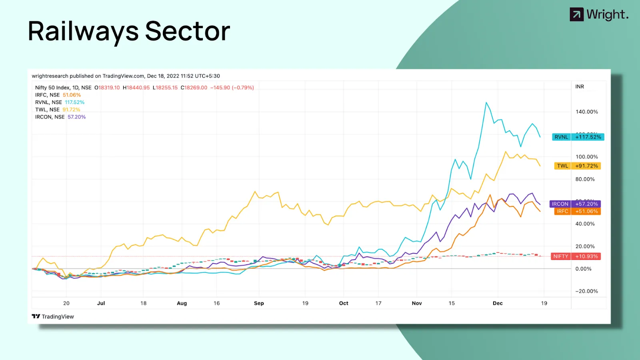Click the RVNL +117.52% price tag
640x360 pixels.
point(578,137)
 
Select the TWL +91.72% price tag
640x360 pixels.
point(577,166)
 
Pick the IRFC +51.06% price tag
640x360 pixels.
point(577,211)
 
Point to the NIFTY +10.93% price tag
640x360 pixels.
point(576,256)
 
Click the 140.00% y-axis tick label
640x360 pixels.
point(586,112)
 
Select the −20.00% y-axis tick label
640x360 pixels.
point(586,291)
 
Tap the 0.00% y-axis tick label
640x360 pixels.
point(583,269)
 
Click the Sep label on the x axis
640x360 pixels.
point(259,303)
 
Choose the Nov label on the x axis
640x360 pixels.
point(417,303)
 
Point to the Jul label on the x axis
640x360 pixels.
point(101,303)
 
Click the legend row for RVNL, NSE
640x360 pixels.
point(60,102)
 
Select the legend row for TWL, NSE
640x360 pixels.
point(58,110)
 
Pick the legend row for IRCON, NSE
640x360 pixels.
point(60,117)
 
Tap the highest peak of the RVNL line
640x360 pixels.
point(486,103)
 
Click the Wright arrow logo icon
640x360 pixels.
point(576,15)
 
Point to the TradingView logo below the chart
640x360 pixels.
point(53,316)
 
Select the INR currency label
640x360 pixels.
point(580,87)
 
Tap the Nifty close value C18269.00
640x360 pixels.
point(194,88)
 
